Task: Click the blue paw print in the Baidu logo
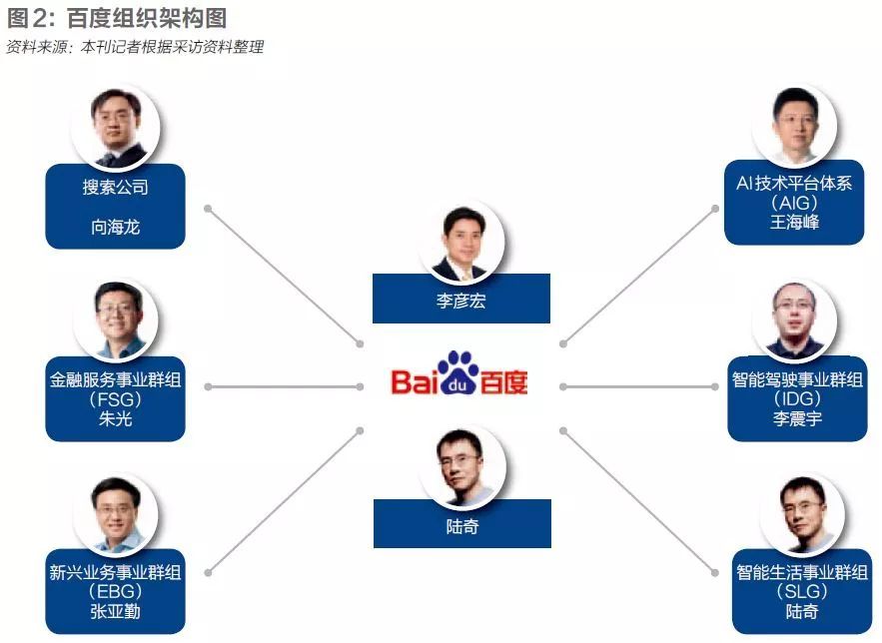(457, 372)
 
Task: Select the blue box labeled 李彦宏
(461, 299)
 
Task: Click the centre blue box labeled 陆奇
(462, 524)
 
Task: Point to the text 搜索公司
(115, 187)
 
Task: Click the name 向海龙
(115, 227)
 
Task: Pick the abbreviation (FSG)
(115, 399)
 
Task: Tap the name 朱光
(115, 418)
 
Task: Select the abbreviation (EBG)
(115, 592)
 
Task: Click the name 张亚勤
(115, 611)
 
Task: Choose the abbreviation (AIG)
(794, 203)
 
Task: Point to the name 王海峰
(794, 222)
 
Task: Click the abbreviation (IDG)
(798, 399)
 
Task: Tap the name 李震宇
(798, 418)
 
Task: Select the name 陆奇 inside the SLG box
(802, 611)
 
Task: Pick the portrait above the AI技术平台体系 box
(794, 125)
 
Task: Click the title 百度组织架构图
(146, 18)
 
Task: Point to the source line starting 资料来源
(135, 47)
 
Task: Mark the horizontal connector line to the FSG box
(284, 386)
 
